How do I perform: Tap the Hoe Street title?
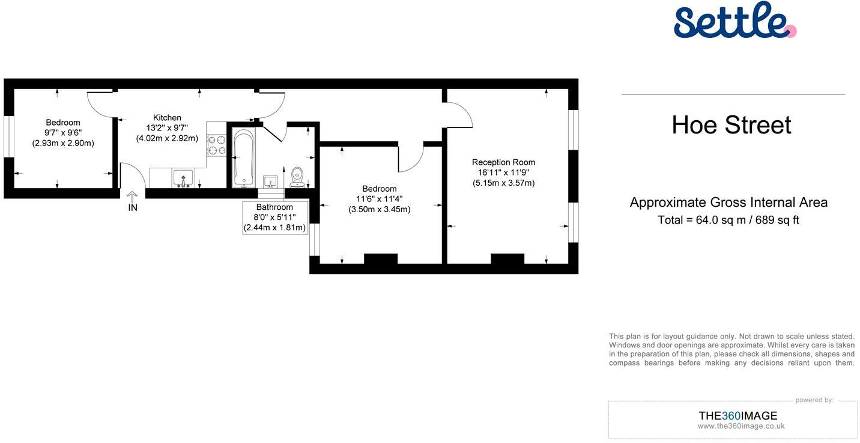(x=731, y=125)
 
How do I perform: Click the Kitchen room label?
(x=167, y=118)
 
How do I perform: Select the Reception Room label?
(x=503, y=162)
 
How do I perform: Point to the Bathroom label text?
(x=274, y=207)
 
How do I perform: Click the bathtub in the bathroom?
(x=243, y=158)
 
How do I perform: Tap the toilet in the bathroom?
(x=297, y=177)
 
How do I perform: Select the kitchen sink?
(x=183, y=179)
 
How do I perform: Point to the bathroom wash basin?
(x=270, y=182)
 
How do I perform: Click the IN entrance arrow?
(x=132, y=197)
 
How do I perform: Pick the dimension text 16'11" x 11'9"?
(x=503, y=173)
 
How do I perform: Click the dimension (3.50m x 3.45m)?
(x=380, y=209)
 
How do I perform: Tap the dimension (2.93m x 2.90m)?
(x=63, y=143)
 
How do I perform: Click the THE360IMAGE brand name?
(x=738, y=416)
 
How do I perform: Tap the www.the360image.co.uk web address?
(x=741, y=426)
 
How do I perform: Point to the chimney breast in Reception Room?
(x=507, y=258)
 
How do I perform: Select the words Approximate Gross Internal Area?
(x=728, y=203)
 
